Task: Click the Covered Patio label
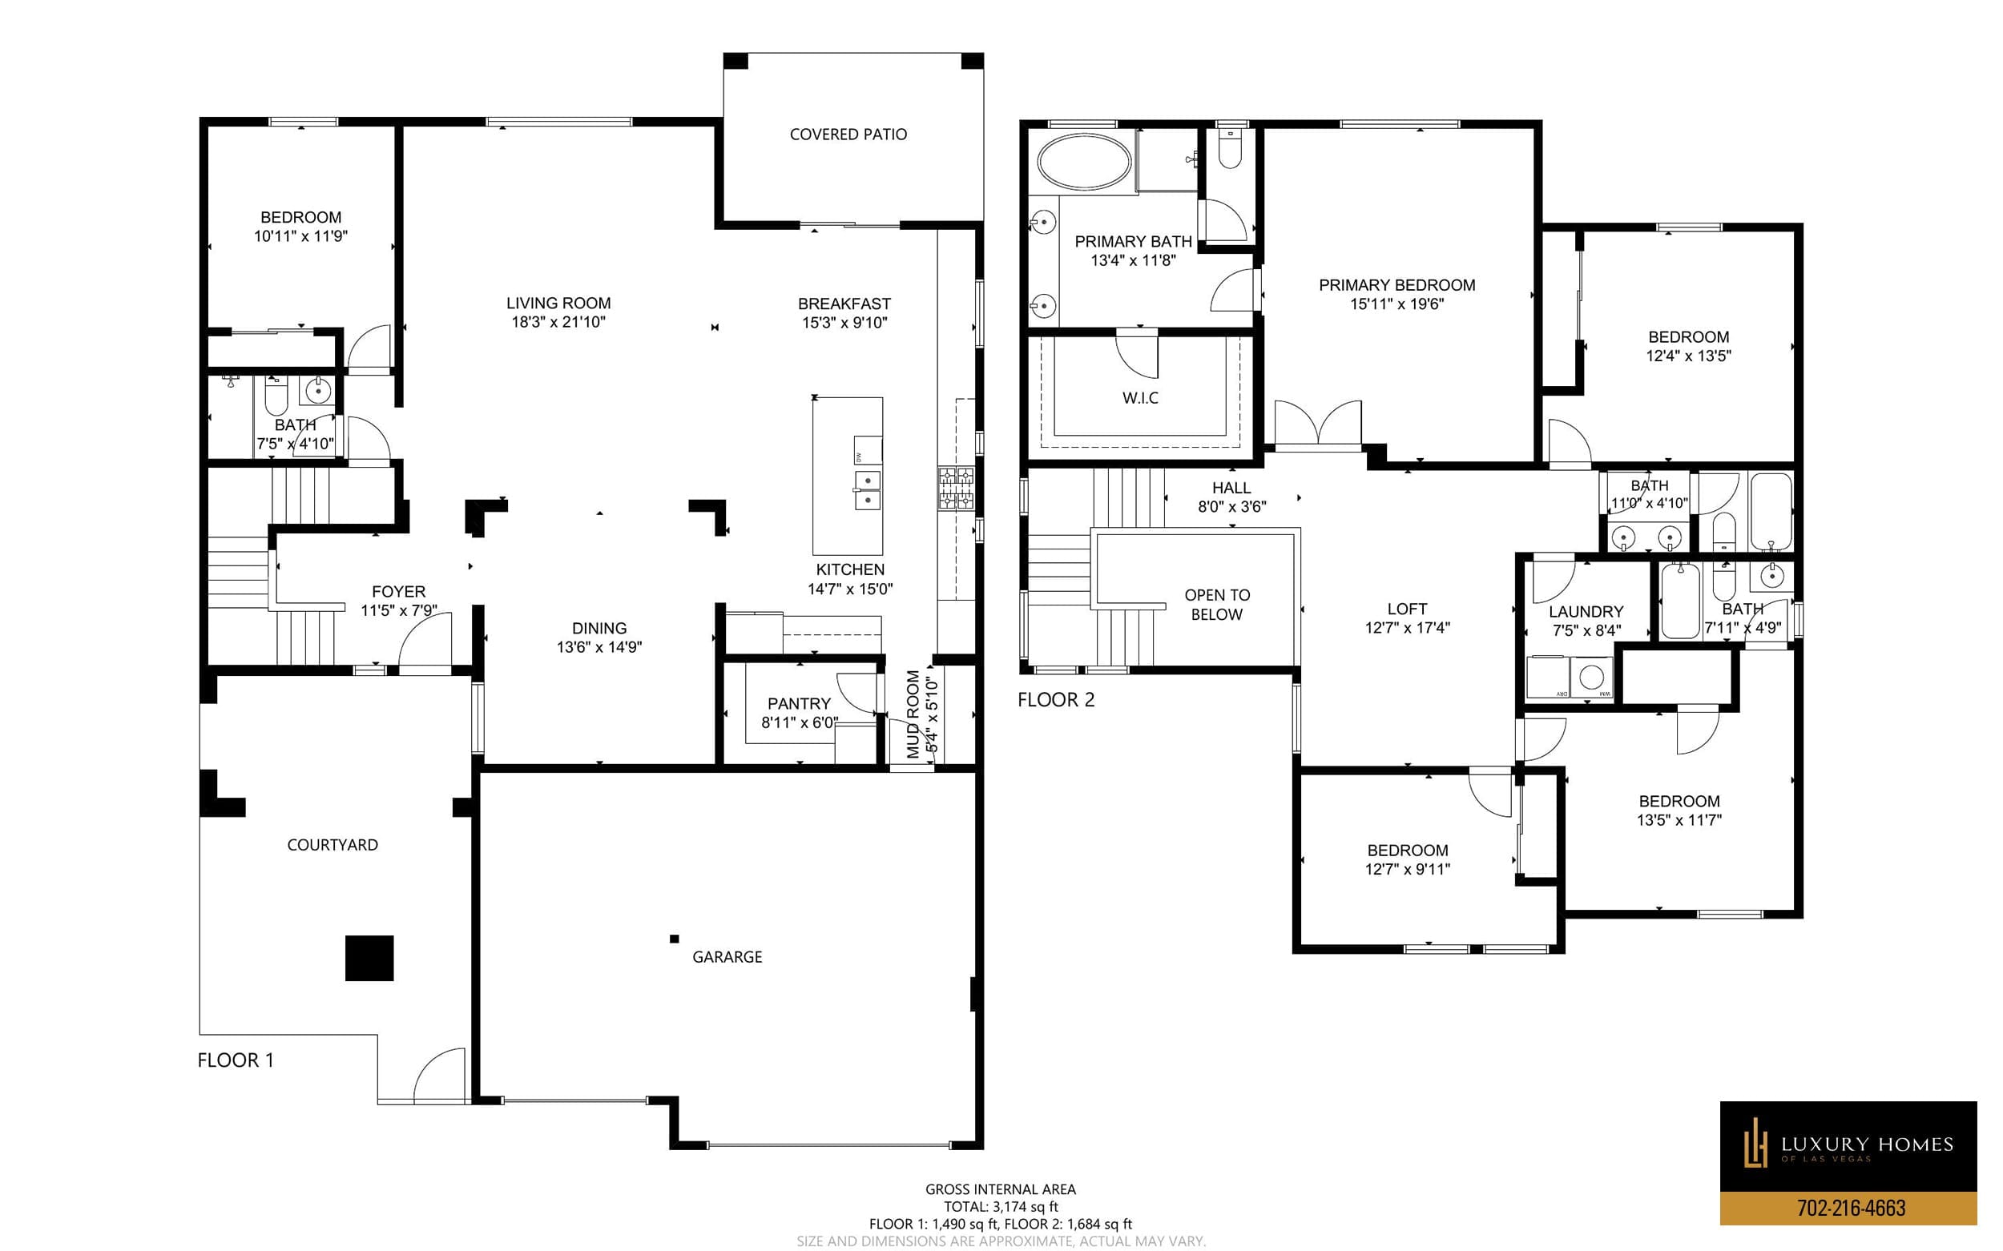tap(848, 134)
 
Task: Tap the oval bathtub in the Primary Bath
tap(1083, 161)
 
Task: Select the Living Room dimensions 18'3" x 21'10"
tap(558, 322)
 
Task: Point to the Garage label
tap(727, 956)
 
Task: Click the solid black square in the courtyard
tap(369, 958)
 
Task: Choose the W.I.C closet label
tap(1140, 398)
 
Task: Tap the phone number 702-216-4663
tap(1851, 1208)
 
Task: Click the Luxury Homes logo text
tap(1867, 1145)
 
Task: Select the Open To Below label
tap(1217, 605)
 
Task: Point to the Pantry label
tap(799, 703)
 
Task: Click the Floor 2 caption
tap(1055, 700)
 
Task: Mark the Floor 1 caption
tap(235, 1060)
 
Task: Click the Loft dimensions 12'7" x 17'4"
tap(1407, 628)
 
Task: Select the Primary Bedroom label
tap(1396, 285)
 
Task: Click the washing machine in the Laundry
tap(1591, 678)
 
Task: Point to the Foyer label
tap(398, 592)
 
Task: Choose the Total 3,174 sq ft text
tap(1001, 1206)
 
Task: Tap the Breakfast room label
tap(844, 304)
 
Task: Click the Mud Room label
tap(913, 714)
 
